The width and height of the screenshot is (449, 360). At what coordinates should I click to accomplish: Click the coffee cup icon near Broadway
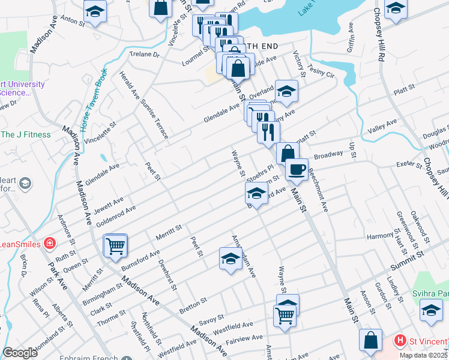point(296,169)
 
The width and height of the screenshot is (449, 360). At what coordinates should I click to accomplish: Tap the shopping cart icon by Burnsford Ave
point(115,245)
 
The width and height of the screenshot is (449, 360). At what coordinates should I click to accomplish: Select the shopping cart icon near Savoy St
point(285,314)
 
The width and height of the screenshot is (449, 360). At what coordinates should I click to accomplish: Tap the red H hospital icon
point(399,341)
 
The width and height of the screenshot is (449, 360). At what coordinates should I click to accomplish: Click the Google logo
point(20,353)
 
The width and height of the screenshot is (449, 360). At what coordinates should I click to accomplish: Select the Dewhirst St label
point(167,274)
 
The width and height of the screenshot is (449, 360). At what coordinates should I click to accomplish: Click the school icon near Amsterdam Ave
point(230,258)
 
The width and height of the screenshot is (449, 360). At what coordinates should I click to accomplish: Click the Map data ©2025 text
point(423,355)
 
